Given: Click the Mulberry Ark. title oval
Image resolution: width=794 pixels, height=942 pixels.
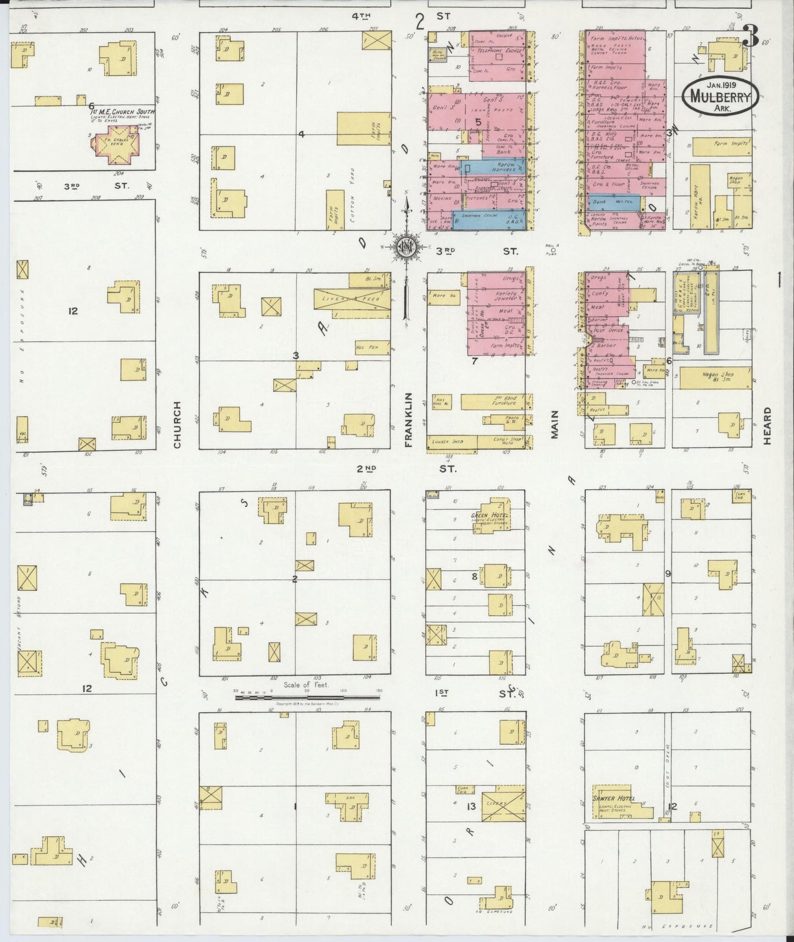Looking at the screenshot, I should tap(720, 96).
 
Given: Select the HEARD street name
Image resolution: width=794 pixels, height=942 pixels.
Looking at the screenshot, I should tap(767, 426).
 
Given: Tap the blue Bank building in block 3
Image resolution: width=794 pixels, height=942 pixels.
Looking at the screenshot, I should tap(608, 202).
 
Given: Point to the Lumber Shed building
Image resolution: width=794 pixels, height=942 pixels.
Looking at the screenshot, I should tap(451, 442).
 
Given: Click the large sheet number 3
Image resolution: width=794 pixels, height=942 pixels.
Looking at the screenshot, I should tap(751, 36).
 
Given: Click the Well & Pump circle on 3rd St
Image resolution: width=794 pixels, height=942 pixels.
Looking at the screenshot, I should tap(552, 249).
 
